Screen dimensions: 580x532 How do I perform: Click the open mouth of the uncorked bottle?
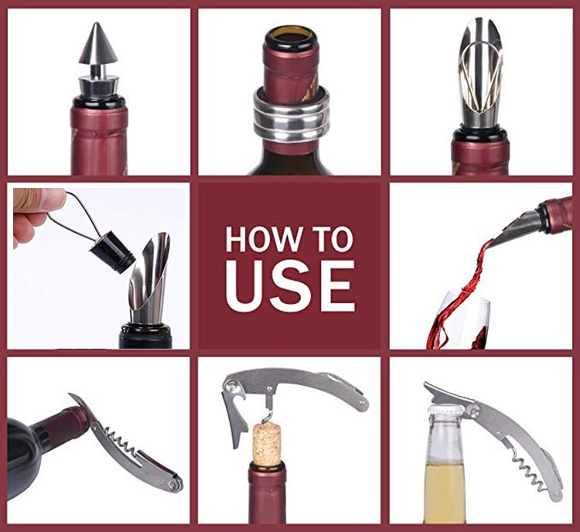(290, 37)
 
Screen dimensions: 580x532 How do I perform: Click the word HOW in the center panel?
(263, 240)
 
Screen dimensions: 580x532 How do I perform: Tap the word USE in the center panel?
(290, 285)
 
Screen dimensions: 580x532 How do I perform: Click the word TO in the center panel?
(332, 240)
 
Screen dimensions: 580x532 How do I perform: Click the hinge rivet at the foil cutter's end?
(175, 486)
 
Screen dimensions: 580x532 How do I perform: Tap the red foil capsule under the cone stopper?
(97, 140)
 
